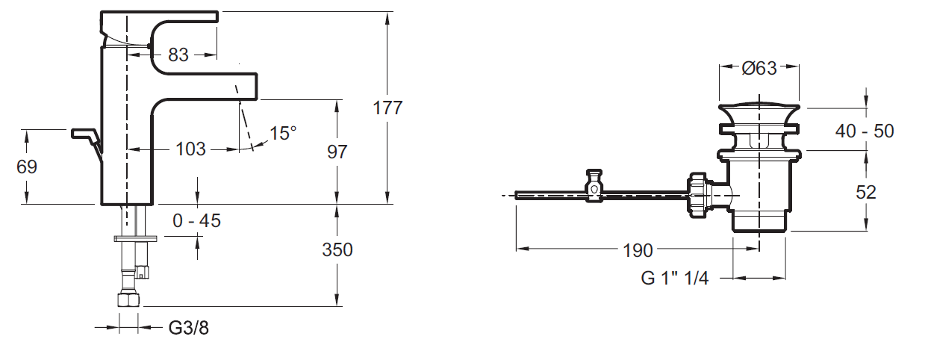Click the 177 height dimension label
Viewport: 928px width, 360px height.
[x=387, y=108]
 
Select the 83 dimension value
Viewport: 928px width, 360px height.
[x=178, y=55]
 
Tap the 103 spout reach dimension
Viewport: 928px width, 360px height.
[x=190, y=149]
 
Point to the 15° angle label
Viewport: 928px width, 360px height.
[x=284, y=134]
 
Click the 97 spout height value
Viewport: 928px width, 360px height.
[x=337, y=152]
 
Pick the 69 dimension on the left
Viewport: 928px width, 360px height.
[x=27, y=167]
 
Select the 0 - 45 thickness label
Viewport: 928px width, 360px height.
[x=197, y=221]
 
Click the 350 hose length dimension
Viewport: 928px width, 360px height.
[x=337, y=249]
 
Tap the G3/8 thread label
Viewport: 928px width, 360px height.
[x=188, y=328]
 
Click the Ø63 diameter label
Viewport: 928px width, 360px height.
[x=759, y=69]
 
